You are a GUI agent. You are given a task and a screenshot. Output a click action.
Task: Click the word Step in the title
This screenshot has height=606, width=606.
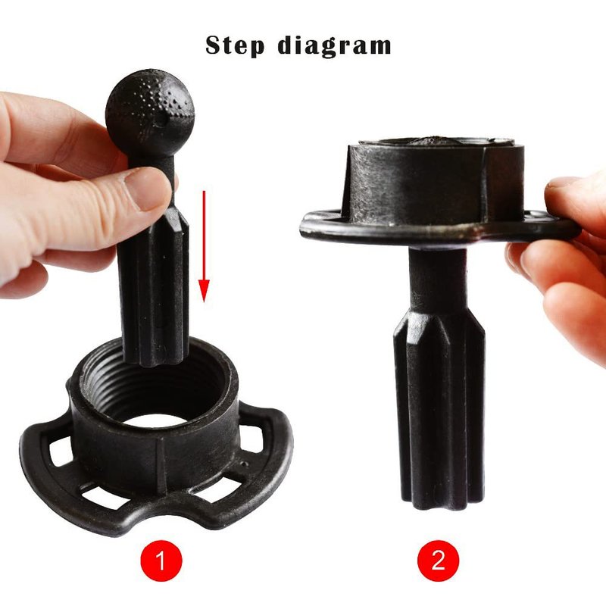coord(235,45)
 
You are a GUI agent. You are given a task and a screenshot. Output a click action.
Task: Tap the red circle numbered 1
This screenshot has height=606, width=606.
coord(161,561)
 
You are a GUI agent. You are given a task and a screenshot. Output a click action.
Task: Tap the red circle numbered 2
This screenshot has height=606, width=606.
coord(439,561)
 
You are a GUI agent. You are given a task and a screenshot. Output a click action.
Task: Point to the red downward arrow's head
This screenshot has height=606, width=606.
coord(204,291)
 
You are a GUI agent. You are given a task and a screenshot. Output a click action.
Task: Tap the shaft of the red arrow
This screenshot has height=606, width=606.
coord(204,235)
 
